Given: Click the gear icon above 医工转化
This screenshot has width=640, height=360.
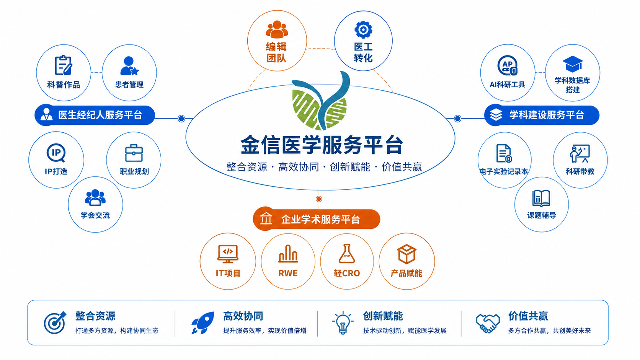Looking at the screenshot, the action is [363, 29].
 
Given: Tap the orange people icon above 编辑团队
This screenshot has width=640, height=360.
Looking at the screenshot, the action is [277, 29].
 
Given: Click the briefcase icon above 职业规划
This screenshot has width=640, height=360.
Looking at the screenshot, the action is [134, 153].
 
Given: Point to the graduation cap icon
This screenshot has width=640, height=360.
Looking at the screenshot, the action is [573, 64].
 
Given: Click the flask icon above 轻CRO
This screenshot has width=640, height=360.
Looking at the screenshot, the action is [346, 254].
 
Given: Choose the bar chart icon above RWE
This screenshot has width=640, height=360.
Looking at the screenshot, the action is [288, 254].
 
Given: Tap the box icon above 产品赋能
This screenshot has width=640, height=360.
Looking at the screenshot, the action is [407, 254].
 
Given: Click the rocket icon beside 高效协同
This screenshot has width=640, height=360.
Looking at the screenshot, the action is [203, 323].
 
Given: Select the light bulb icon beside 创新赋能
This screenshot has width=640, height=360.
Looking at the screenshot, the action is [343, 323].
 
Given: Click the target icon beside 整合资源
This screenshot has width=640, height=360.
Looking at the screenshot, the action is [55, 323].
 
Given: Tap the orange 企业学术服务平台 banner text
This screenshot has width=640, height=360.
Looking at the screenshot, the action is [320, 219].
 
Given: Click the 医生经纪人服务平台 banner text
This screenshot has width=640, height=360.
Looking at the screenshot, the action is [100, 115].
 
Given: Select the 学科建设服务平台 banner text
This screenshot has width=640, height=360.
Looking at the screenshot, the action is [547, 115].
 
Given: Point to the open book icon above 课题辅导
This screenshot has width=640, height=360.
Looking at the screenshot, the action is [541, 198].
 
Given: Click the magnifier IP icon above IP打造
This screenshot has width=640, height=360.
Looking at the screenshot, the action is [56, 153].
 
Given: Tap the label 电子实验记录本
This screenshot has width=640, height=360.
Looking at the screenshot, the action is [504, 171].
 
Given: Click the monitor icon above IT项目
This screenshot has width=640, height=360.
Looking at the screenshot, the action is [228, 254].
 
